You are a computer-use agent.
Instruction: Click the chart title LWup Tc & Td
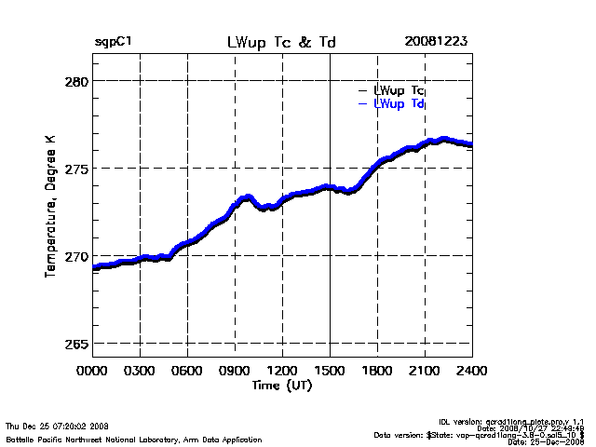pos(282,43)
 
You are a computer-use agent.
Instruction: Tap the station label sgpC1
pos(113,43)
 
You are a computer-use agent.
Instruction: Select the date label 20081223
pos(436,43)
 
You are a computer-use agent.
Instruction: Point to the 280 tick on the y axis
pos(76,81)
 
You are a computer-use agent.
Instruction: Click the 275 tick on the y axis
pos(76,169)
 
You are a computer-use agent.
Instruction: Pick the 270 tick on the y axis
pos(76,256)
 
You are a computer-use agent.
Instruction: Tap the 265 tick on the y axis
pos(76,344)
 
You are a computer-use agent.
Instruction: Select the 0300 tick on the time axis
pos(140,370)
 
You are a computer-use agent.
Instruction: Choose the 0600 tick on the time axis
pos(187,370)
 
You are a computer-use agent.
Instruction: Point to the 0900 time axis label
pos(235,370)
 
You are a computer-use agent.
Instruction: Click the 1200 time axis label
pos(282,370)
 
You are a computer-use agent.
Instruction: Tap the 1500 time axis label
pos(330,370)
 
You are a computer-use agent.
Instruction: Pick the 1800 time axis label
pos(377,370)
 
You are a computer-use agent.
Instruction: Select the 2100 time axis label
pos(425,370)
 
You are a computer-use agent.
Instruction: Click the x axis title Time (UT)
pos(281,385)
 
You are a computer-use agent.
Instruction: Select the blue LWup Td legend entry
pos(399,103)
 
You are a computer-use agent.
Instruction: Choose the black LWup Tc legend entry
pos(399,90)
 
